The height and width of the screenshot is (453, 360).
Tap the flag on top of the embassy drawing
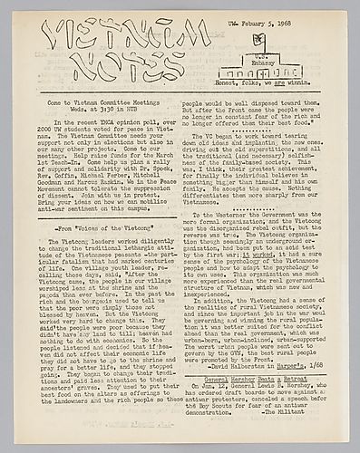259,39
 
